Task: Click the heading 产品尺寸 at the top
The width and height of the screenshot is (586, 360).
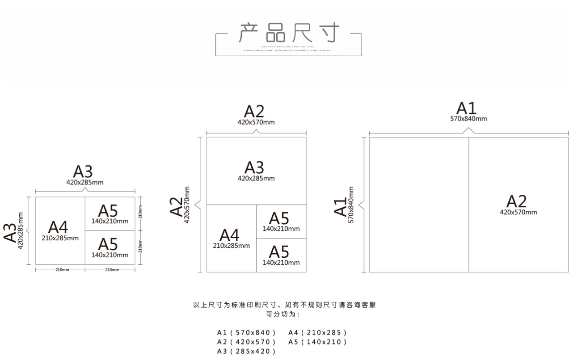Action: (289, 33)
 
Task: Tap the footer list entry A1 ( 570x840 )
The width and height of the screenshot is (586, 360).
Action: (246, 333)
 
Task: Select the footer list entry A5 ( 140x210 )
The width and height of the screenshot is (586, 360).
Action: (317, 342)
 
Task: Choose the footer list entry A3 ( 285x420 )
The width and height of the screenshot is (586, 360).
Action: (246, 352)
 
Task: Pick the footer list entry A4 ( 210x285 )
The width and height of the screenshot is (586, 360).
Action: (317, 333)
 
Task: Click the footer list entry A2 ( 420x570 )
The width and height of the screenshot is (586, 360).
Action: (246, 342)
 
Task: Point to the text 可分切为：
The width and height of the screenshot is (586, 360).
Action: (284, 314)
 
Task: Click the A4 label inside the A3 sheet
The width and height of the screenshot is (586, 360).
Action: (60, 230)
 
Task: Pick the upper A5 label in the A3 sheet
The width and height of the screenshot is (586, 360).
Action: (110, 213)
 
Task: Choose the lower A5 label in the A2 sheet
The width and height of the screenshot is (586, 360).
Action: (281, 255)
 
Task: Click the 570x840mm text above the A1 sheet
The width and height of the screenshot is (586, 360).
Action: (468, 119)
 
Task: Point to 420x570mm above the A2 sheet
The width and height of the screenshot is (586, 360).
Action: (256, 122)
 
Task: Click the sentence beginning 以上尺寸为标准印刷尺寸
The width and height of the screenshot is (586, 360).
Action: (284, 306)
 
